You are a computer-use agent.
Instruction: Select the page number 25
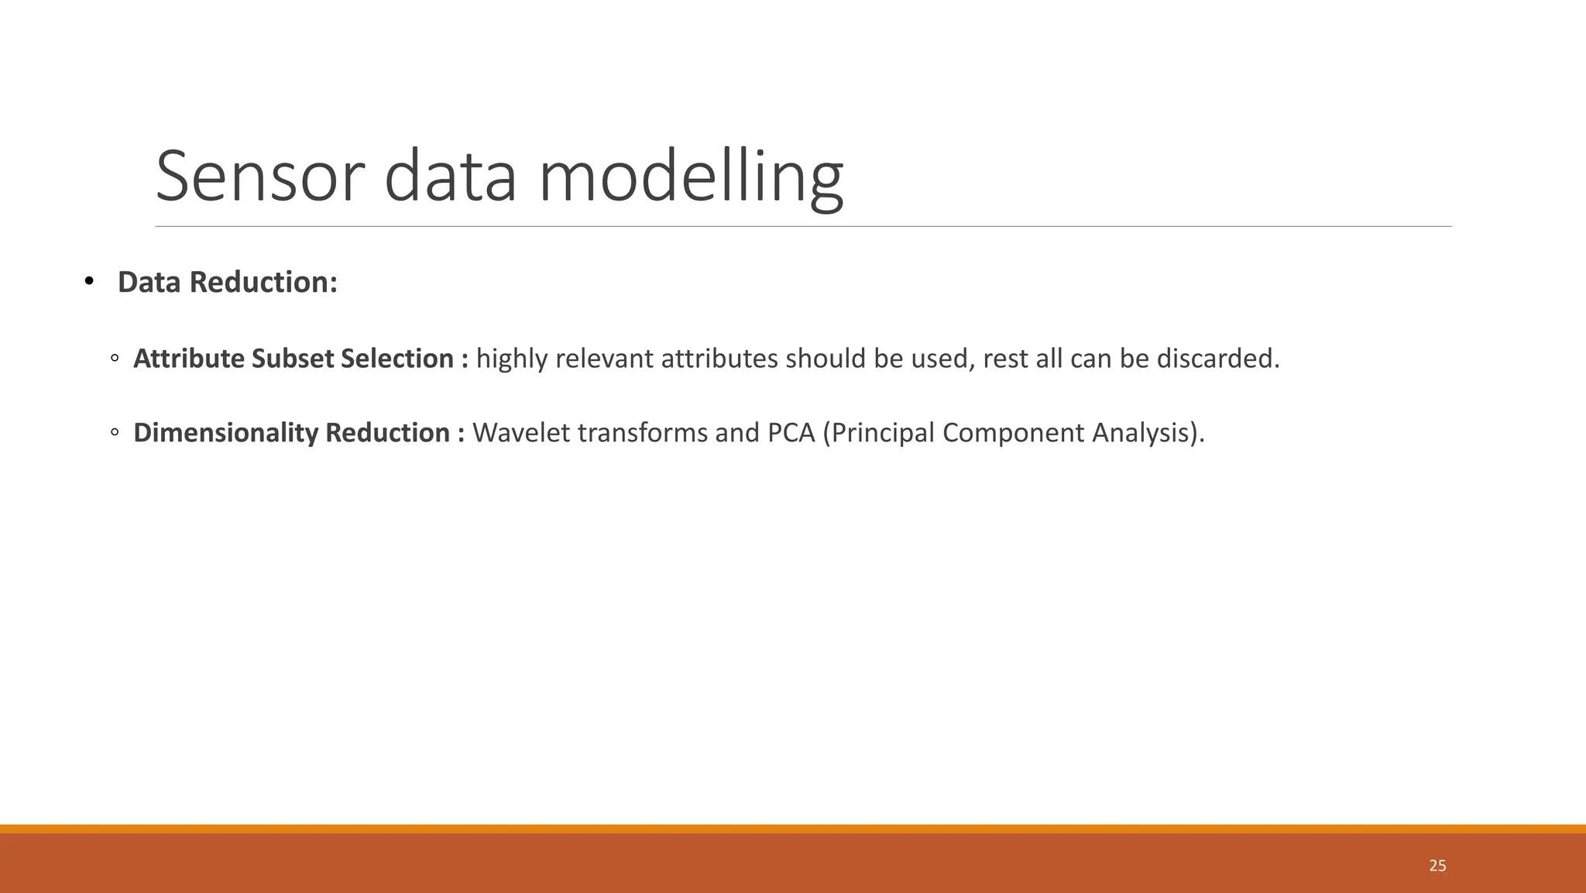pyautogui.click(x=1437, y=866)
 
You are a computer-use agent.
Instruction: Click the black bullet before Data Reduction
pyautogui.click(x=88, y=280)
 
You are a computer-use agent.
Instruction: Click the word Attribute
pyautogui.click(x=189, y=359)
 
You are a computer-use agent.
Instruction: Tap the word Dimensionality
pyautogui.click(x=225, y=432)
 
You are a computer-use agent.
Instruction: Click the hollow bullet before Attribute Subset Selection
pyautogui.click(x=115, y=359)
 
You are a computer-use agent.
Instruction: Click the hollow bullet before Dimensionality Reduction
pyautogui.click(x=115, y=432)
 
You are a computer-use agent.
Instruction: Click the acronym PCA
pyautogui.click(x=791, y=432)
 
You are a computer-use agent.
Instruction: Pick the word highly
pyautogui.click(x=512, y=359)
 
